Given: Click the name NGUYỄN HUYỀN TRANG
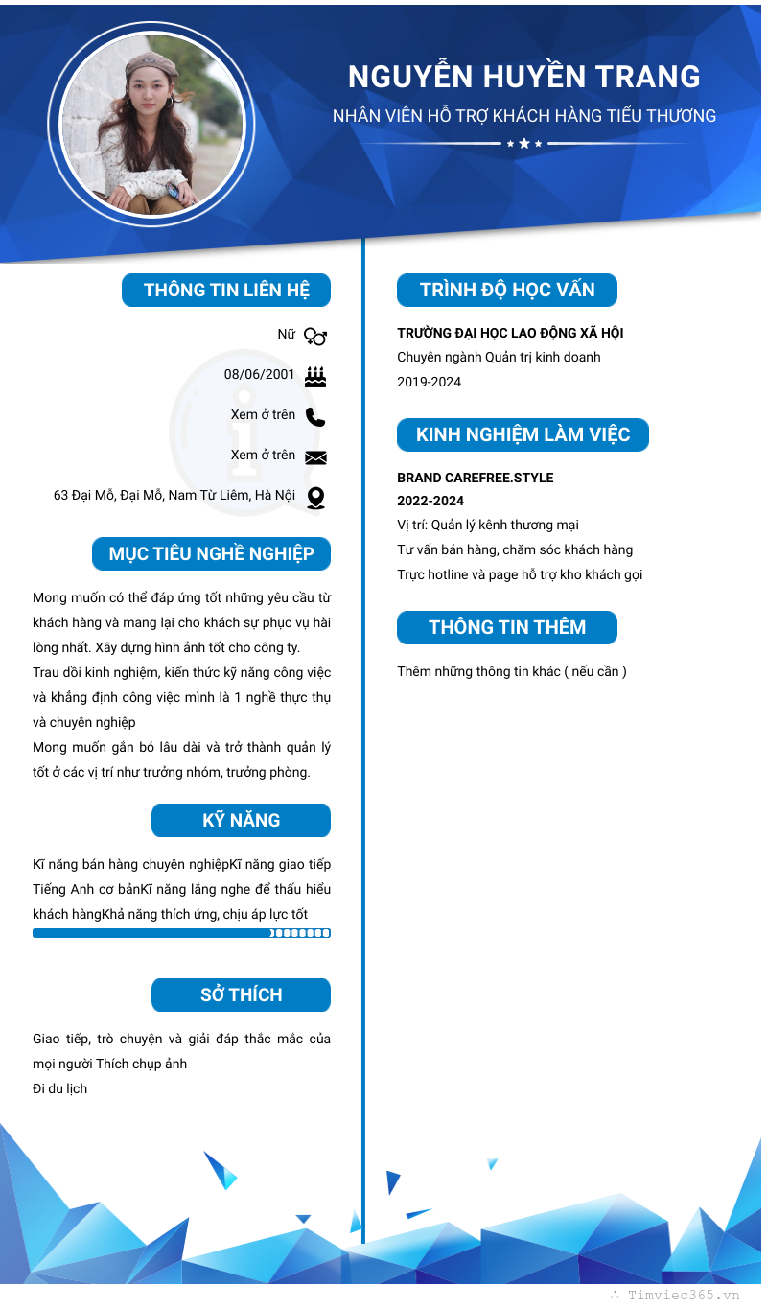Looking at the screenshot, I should (x=523, y=77).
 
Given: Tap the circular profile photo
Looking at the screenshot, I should (x=151, y=125).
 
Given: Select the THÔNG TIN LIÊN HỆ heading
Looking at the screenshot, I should (x=226, y=291).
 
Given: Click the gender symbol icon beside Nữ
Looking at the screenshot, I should (x=315, y=336).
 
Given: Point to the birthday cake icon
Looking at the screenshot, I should (x=315, y=376).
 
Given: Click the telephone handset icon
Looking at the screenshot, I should (x=315, y=416).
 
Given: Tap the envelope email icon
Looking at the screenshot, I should (x=315, y=457).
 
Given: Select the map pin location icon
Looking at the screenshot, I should (x=315, y=498).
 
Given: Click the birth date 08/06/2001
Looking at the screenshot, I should (x=260, y=374).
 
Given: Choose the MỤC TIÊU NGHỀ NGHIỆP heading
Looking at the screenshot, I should (x=212, y=554).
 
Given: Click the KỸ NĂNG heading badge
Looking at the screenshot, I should (x=241, y=821).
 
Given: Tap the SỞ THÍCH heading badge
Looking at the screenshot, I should (x=241, y=995).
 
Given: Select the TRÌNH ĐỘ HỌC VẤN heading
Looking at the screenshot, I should (x=507, y=291).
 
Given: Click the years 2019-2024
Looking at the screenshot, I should (x=430, y=382).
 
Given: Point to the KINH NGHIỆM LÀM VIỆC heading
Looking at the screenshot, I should (x=523, y=435).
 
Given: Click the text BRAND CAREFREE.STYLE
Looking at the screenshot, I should (x=476, y=478).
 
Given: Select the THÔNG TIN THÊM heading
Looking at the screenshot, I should (x=507, y=628).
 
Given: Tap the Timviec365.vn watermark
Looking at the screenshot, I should (x=684, y=1295).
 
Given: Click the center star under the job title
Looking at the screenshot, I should (x=524, y=144).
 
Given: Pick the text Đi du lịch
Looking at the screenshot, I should (x=59, y=1088).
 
